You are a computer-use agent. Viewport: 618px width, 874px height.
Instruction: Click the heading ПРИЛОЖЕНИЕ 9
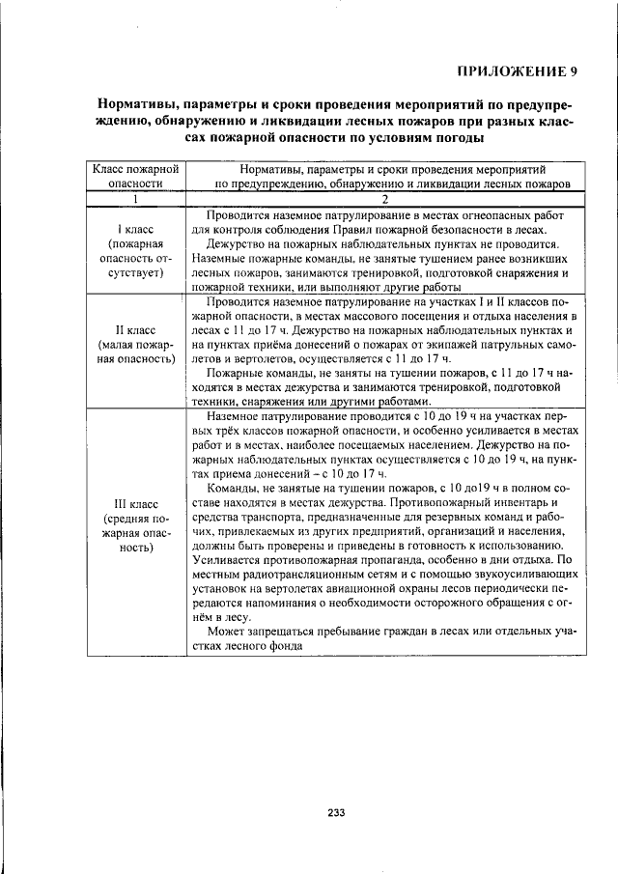pyautogui.click(x=518, y=70)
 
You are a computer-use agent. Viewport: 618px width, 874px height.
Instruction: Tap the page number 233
pyautogui.click(x=336, y=811)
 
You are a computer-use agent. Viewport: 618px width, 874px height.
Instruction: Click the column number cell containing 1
pyautogui.click(x=136, y=199)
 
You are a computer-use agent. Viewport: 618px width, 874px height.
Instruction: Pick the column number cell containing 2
pyautogui.click(x=383, y=199)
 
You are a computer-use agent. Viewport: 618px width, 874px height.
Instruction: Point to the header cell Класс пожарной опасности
pyautogui.click(x=136, y=175)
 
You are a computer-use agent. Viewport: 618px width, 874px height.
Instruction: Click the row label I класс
pyautogui.click(x=136, y=232)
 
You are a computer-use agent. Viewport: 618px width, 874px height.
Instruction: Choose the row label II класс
pyautogui.click(x=136, y=329)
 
